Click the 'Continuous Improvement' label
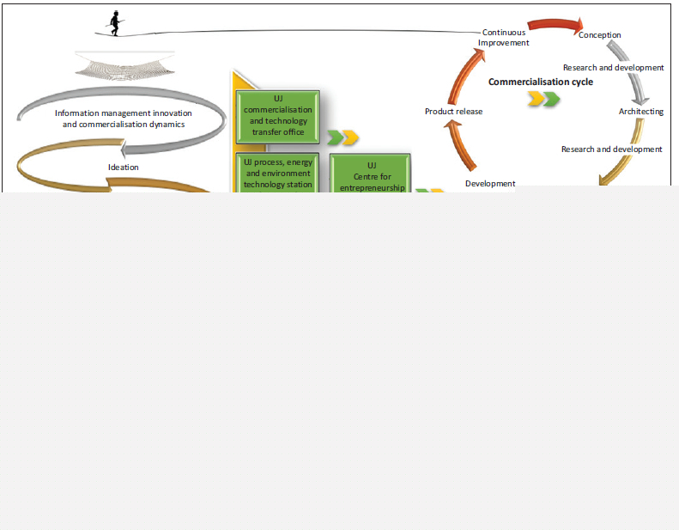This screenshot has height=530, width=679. [504, 38]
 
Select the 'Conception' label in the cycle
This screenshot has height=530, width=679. [599, 35]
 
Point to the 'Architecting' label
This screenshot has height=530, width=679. [640, 112]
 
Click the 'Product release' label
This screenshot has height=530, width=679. [453, 112]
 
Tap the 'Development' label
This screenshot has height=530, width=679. [490, 183]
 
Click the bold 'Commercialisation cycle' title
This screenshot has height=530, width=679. [540, 82]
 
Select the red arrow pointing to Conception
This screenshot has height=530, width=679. [555, 25]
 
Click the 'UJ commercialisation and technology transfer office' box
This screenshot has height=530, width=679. [277, 116]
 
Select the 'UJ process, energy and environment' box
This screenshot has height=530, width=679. [277, 172]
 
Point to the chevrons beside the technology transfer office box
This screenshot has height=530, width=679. [343, 137]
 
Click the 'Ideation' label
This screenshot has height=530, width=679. [124, 167]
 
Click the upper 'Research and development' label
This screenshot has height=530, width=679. [613, 67]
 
